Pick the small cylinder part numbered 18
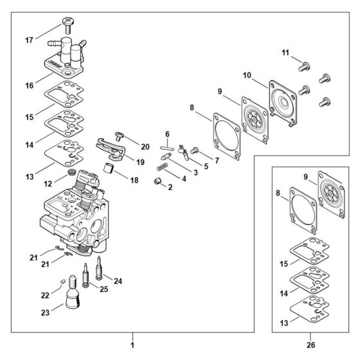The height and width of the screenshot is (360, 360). click(x=108, y=170)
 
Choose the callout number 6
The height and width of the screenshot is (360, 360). click(x=166, y=134)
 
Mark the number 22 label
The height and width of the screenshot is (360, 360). click(x=45, y=294)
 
